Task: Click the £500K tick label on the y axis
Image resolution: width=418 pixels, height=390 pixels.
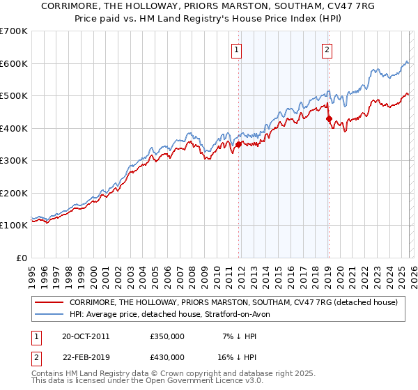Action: tap(14, 96)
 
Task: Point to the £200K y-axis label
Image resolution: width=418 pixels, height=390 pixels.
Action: tap(14, 193)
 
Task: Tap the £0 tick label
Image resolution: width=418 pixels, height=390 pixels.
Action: tap(22, 258)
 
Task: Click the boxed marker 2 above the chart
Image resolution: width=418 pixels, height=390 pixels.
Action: tap(327, 49)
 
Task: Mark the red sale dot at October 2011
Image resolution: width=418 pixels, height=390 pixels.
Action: tap(238, 145)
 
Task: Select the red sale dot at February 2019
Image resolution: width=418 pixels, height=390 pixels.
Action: tap(329, 118)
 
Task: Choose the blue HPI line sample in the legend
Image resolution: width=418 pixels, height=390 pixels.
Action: tap(49, 314)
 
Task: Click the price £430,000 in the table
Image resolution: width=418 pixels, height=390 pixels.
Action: tap(167, 357)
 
